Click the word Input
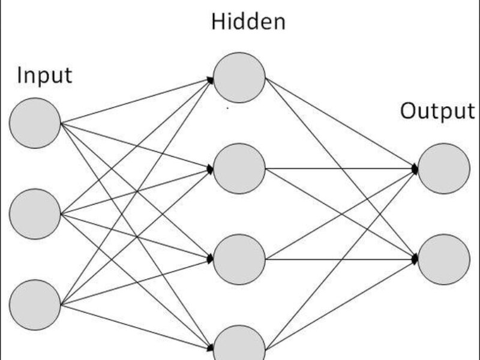44,76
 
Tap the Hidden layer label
248,22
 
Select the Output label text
437,111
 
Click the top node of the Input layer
35,123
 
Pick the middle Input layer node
35,214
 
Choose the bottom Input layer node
35,304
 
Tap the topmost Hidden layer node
239,77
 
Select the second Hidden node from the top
239,169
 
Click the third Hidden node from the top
239,259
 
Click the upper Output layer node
444,169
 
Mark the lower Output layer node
444,259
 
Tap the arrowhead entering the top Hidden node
211,79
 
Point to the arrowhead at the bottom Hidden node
211,348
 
